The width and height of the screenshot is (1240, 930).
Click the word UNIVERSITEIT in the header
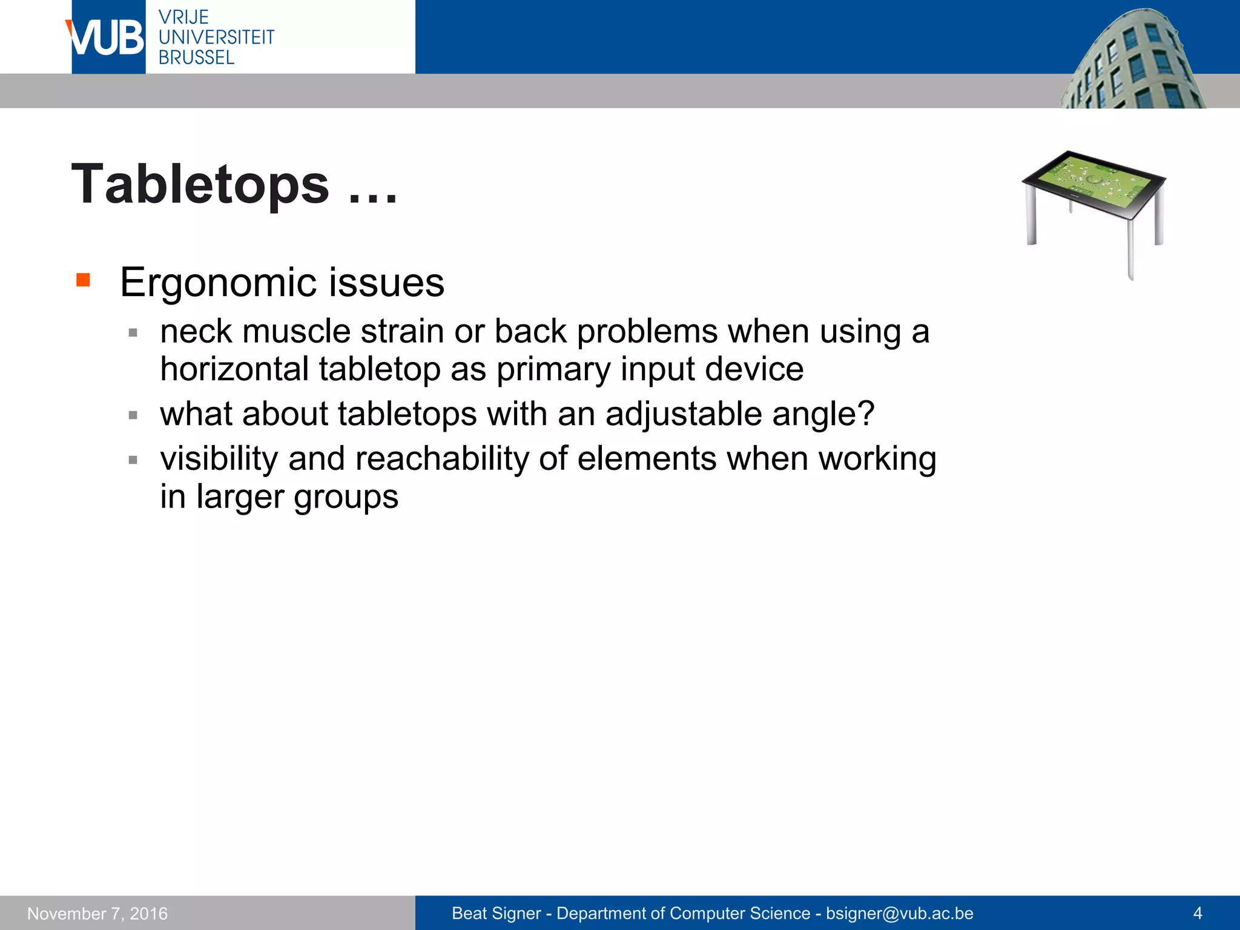tap(216, 38)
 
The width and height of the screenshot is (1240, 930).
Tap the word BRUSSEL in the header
tap(196, 58)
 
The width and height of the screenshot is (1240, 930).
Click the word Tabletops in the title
tap(200, 185)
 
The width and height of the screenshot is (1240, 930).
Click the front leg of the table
tap(1130, 248)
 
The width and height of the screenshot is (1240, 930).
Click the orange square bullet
tap(83, 280)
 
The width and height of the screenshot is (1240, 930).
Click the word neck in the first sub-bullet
tap(195, 332)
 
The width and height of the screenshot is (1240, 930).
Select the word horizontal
tap(234, 369)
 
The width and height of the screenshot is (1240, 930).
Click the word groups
tap(346, 498)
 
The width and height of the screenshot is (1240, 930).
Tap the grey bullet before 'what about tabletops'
tap(133, 415)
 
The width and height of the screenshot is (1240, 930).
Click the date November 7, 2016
tap(97, 913)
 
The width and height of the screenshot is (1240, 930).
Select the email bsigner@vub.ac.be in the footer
tap(899, 913)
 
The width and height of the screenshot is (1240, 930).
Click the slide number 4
tap(1197, 913)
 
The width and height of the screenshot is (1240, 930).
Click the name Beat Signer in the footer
tap(496, 913)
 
